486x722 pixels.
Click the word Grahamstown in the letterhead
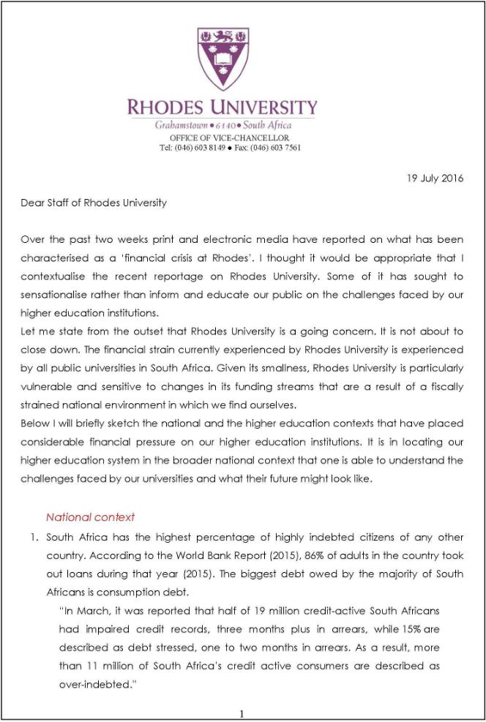[x=181, y=126]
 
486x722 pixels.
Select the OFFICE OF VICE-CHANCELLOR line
[x=229, y=138]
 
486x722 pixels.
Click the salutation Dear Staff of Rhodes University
[x=94, y=203]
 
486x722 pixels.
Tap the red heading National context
[x=90, y=517]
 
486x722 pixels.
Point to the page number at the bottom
[x=242, y=713]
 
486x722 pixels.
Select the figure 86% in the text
[x=286, y=556]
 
